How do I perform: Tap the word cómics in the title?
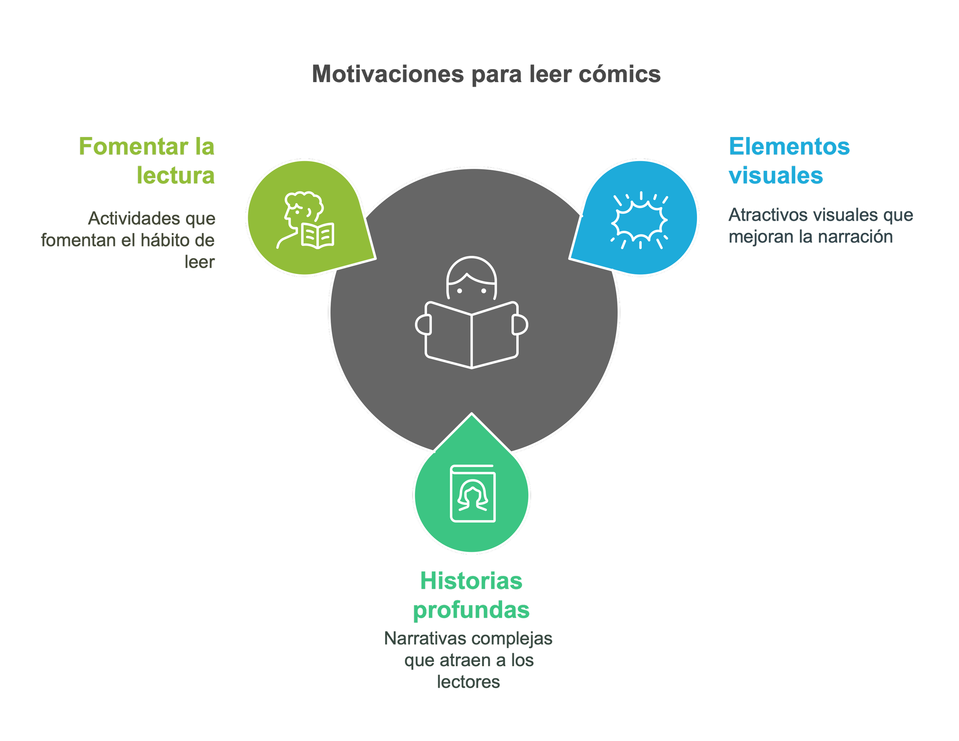click(x=620, y=75)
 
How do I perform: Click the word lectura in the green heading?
click(x=176, y=176)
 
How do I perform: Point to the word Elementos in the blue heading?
click(x=789, y=147)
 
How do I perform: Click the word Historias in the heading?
click(x=471, y=581)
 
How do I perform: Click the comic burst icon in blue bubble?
click(x=640, y=220)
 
